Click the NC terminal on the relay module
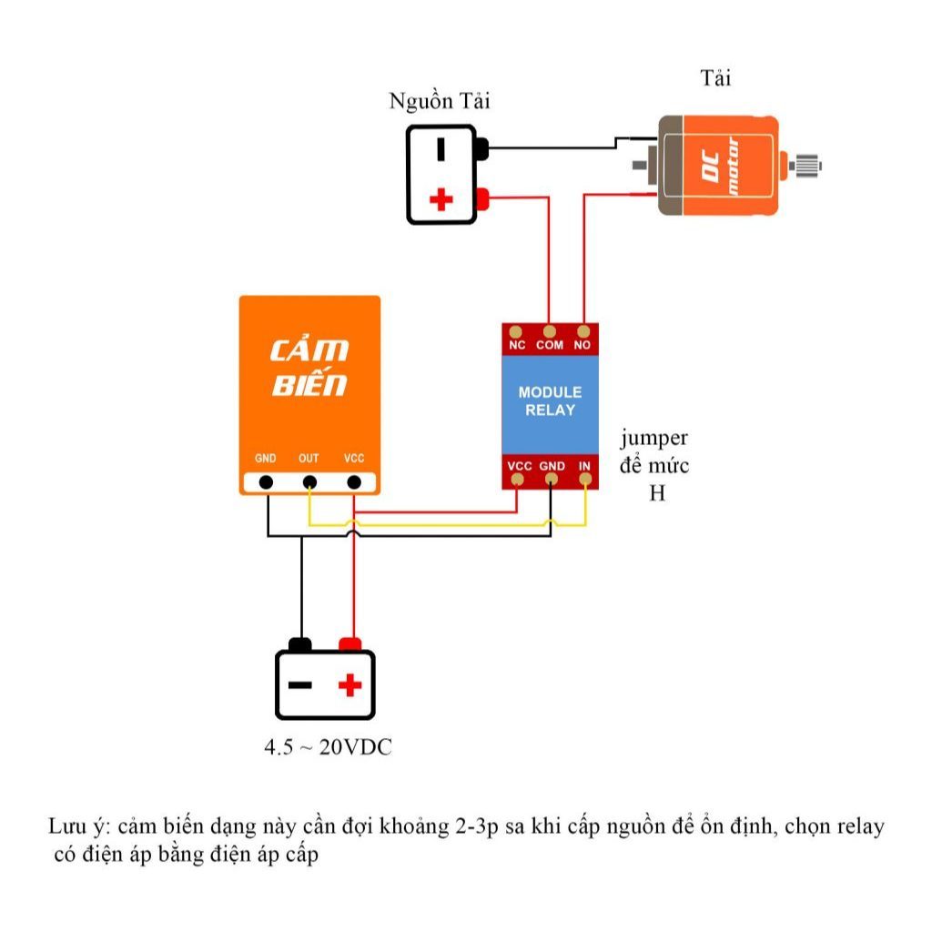[x=515, y=331]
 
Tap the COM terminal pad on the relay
[x=549, y=331]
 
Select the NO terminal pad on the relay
[x=583, y=331]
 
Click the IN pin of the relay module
[x=585, y=479]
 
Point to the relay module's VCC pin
[x=517, y=479]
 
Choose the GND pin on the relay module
[x=552, y=479]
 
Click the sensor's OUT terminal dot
[x=309, y=482]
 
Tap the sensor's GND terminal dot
[x=267, y=482]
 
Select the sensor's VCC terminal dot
[x=354, y=482]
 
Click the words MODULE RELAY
[x=550, y=401]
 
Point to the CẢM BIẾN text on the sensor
[x=309, y=368]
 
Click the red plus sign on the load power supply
[x=441, y=199]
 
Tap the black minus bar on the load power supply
[x=441, y=149]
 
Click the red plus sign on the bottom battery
[x=350, y=684]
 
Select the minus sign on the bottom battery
[x=300, y=685]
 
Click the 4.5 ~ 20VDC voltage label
[x=328, y=747]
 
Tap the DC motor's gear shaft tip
[x=820, y=165]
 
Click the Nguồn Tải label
[x=440, y=101]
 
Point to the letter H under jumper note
[x=657, y=492]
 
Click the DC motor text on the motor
[x=722, y=166]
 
